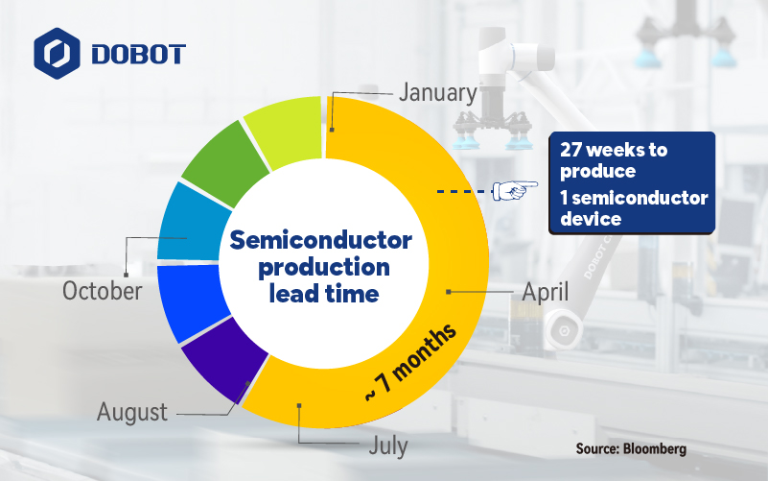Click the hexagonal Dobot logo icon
tap(57, 54)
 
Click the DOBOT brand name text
tap(139, 54)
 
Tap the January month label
tap(438, 93)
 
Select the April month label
tap(546, 292)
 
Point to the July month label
tap(388, 445)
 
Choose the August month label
tap(132, 412)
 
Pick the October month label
tap(103, 291)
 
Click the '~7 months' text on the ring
tap(411, 362)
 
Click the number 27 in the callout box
tap(570, 150)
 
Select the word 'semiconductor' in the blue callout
tap(640, 198)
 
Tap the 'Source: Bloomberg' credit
tap(631, 448)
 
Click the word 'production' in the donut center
tap(324, 268)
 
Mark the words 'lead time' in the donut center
tap(324, 293)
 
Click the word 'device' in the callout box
tap(591, 219)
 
